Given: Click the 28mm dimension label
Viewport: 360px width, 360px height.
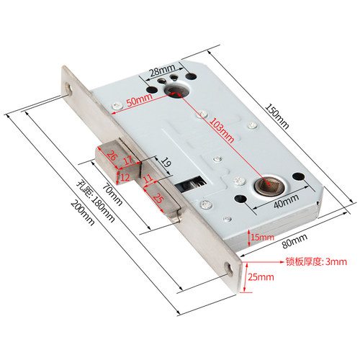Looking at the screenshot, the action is point(163,70).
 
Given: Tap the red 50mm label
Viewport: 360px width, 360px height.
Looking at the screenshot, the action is point(140,100).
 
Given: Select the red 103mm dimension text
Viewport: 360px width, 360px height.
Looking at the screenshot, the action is point(222,130).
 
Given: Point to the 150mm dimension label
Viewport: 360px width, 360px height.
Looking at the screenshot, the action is point(276,117).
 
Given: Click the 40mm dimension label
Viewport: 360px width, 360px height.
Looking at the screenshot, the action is point(287,201).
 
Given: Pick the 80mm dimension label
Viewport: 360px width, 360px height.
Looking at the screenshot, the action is point(294,240).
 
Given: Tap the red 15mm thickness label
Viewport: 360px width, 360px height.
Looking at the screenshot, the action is point(262,238).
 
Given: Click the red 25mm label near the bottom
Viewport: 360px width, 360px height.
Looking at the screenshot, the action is point(261,277).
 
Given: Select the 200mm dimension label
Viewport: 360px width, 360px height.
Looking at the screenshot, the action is point(83,213).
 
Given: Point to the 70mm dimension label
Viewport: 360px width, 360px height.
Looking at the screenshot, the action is point(112,194).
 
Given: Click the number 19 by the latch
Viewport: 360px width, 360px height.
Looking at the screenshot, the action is point(166,162).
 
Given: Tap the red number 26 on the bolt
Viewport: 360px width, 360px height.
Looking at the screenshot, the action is point(112,155).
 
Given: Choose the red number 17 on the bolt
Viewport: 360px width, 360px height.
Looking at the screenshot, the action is point(128,161).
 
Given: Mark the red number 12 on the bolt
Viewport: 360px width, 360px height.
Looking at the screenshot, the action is point(125,178).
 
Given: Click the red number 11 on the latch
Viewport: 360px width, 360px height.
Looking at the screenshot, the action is point(148,179).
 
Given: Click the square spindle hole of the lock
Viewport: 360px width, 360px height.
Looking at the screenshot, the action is point(267,185).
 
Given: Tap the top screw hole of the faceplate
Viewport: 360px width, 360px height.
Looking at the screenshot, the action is point(68,89).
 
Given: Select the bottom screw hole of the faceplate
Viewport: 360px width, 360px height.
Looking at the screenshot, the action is point(229,269).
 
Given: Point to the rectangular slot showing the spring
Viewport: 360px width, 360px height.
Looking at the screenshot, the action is point(191,184).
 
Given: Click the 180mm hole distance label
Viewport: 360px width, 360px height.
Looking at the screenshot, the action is point(96,202).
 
